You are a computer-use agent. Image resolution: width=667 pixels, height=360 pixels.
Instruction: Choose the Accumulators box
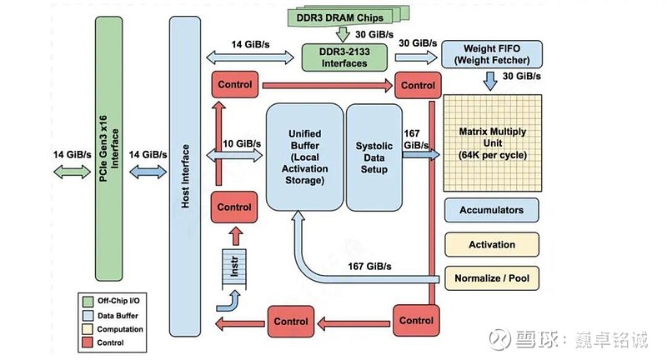pyautogui.click(x=491, y=211)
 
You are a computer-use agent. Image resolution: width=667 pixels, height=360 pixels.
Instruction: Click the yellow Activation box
pyautogui.click(x=491, y=244)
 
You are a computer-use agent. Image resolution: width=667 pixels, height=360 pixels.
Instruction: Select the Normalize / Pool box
pyautogui.click(x=491, y=277)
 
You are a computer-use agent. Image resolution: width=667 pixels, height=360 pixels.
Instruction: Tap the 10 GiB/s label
pyautogui.click(x=239, y=143)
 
